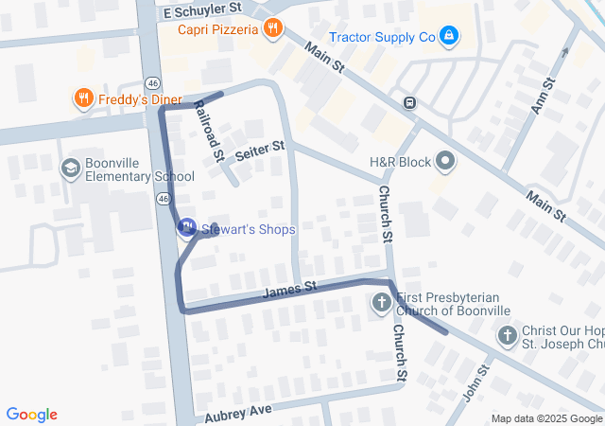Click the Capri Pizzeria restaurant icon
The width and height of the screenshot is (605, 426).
coord(273,28)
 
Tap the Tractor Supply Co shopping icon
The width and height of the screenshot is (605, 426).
coord(448,36)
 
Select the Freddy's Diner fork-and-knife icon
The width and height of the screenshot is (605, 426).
coord(83,98)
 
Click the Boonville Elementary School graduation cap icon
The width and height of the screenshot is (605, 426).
coord(70,169)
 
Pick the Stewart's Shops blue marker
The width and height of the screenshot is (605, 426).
coord(186,227)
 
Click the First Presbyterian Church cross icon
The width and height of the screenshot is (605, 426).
coord(381,304)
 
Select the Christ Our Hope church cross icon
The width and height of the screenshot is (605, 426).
coord(508,336)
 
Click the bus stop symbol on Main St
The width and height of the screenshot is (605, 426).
coord(409,103)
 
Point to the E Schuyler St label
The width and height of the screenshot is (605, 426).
coord(202,10)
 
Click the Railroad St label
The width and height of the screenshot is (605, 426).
coord(209,132)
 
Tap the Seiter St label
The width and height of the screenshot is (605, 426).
coord(260,151)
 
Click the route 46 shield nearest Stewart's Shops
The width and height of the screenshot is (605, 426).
coord(164,199)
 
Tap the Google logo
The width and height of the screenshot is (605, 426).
coord(32,415)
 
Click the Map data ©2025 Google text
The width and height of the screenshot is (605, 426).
coord(546,418)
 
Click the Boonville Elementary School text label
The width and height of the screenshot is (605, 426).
coord(139,169)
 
